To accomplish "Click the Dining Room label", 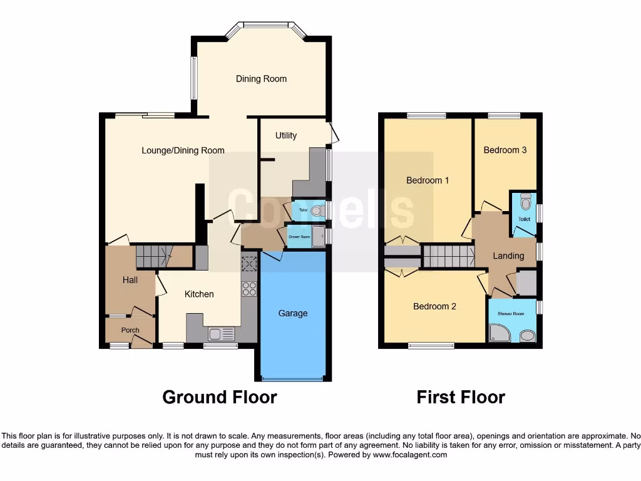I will [261, 79].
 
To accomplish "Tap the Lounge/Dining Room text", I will [183, 150].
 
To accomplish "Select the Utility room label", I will [286, 135].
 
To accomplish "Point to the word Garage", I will [293, 313].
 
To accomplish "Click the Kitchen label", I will [199, 294].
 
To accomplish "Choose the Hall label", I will [130, 280].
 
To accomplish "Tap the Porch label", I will [130, 330].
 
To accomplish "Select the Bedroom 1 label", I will [428, 180].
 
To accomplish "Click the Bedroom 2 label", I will [434, 306].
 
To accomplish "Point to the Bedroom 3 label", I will [505, 150].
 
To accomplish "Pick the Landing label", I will [508, 256].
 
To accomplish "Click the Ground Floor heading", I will [219, 397].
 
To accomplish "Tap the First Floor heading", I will [461, 397].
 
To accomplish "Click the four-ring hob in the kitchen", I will [249, 289].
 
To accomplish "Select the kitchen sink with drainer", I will [221, 334].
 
